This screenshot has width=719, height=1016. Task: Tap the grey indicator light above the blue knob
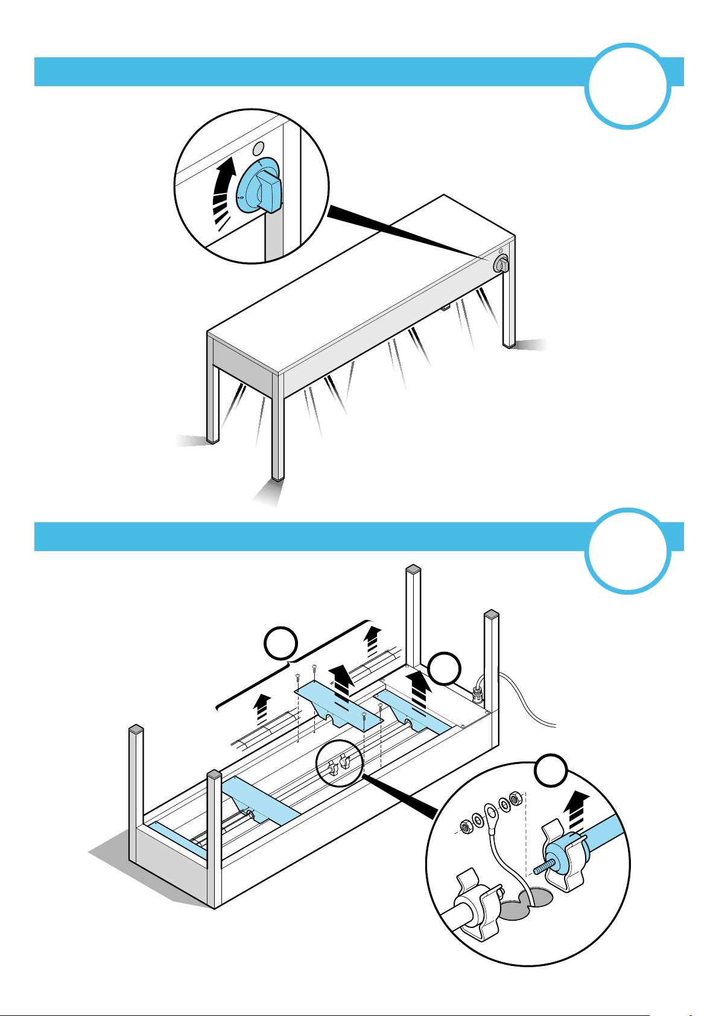click(x=258, y=148)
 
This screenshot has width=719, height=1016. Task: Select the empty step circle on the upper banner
click(x=627, y=86)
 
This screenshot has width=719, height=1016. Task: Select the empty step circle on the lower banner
click(x=627, y=551)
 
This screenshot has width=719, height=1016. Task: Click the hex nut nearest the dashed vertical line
click(x=515, y=798)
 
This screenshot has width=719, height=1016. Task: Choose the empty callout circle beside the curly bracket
click(x=281, y=645)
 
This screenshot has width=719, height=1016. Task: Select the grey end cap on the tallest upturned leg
click(x=413, y=569)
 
